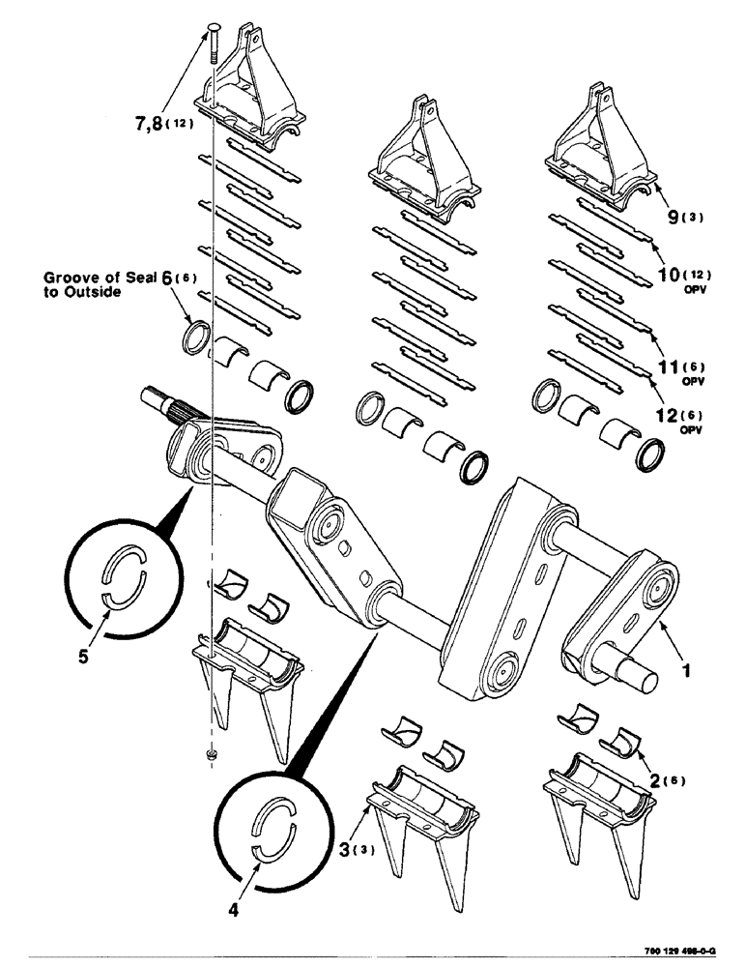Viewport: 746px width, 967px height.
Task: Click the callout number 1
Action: click(x=685, y=668)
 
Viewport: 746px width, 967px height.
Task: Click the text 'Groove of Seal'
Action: click(x=92, y=278)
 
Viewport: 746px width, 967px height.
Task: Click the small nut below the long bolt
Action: click(x=211, y=751)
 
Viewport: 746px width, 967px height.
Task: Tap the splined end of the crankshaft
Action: click(x=163, y=399)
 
